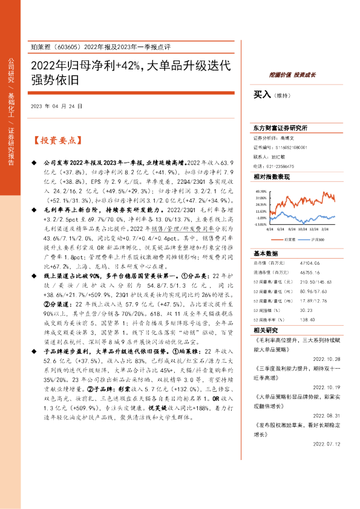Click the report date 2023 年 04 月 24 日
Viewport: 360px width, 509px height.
tap(56, 106)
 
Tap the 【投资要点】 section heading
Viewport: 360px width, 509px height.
tap(56, 141)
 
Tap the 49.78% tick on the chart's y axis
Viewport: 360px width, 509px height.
tap(261, 190)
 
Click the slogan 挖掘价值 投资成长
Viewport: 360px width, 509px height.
tap(293, 74)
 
